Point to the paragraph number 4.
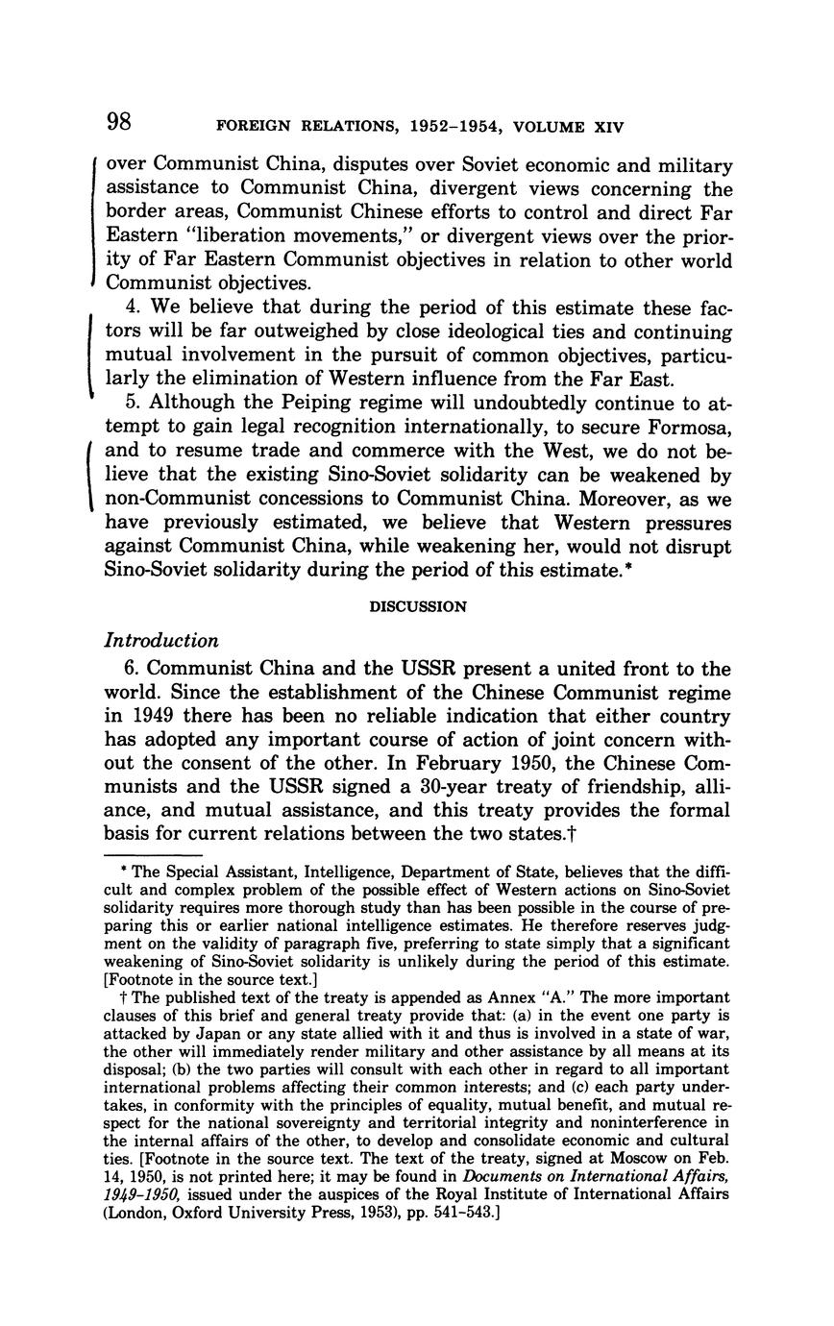(130, 308)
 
